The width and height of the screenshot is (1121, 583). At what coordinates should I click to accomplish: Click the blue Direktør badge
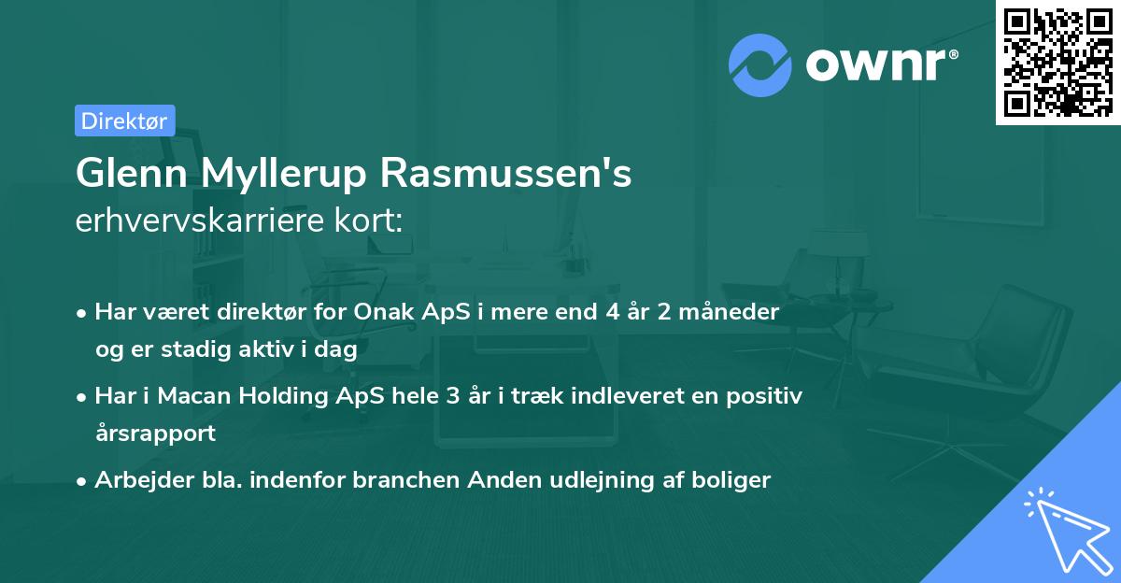pos(124,121)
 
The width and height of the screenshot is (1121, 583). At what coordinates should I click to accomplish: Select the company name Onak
pos(383,312)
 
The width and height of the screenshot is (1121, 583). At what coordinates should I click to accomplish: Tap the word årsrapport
pos(155,433)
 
